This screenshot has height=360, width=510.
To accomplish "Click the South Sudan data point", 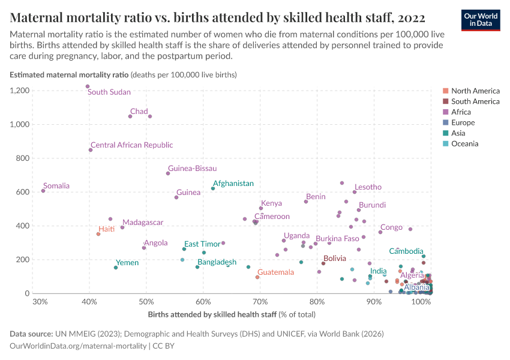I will coord(88,86).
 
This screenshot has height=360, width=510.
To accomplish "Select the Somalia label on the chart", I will coord(56,186).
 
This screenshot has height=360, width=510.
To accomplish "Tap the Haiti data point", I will coord(98,234).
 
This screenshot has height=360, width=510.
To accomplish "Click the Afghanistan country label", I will coord(233,184).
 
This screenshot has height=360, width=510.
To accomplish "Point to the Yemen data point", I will coord(116,268).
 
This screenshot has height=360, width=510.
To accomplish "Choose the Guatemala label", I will coord(275,272).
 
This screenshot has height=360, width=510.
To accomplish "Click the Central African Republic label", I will coord(131,145).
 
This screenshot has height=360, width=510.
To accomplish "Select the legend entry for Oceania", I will coord(465,144).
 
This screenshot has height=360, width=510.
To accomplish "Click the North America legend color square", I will coord(445,91).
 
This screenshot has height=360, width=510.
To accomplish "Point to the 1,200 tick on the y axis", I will coord(20,91).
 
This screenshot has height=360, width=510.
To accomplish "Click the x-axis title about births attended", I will coord(231,314).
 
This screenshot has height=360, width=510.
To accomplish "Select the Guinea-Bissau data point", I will coord(168,173).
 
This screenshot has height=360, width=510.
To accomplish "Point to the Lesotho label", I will coord(368,187).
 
